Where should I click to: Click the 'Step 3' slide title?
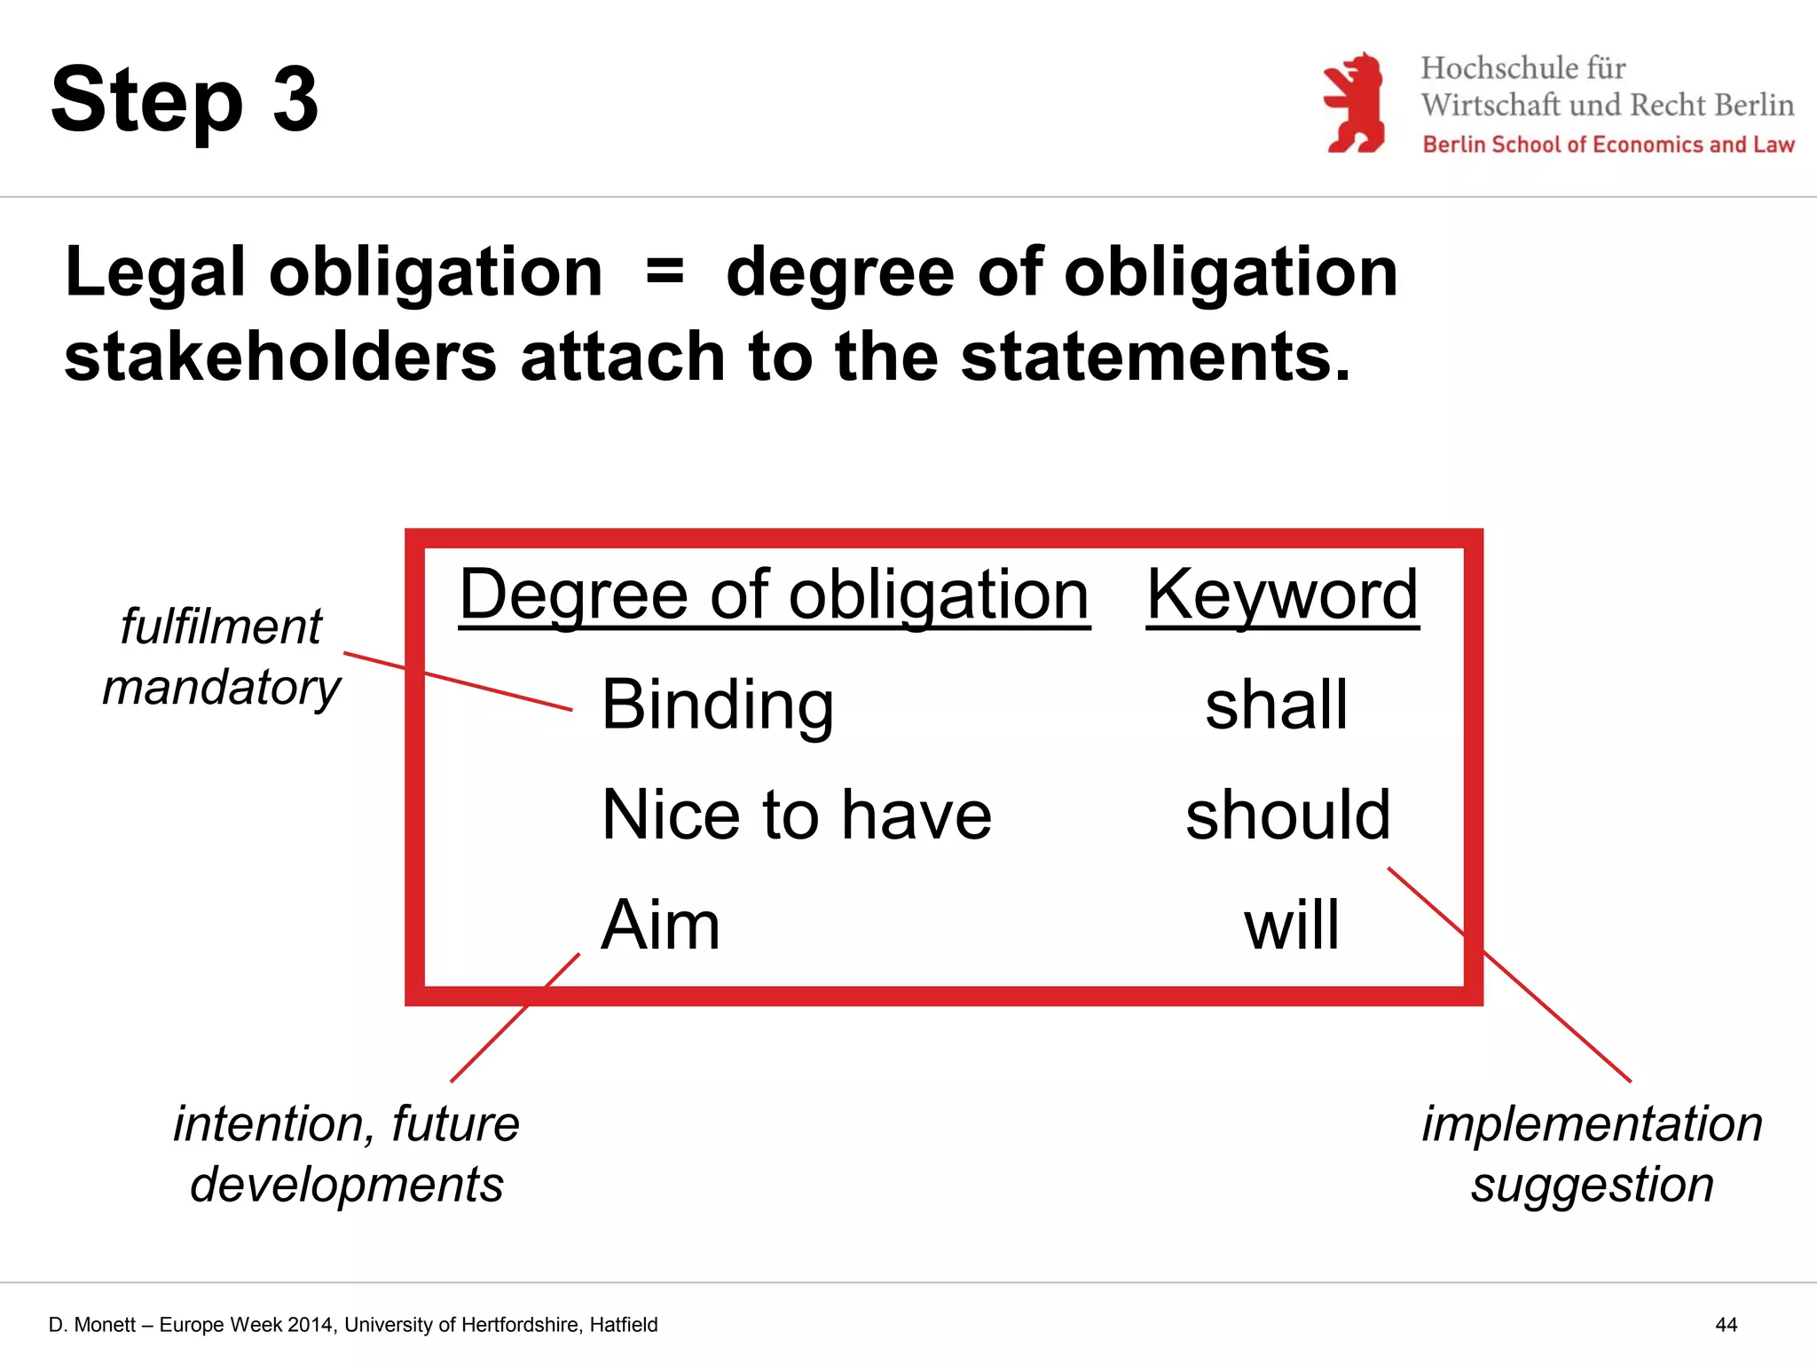click(185, 100)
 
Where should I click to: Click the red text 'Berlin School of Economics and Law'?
click(1608, 145)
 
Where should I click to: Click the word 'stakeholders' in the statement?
click(279, 357)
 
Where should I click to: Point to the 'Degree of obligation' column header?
click(774, 595)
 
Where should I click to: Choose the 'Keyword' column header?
click(1282, 595)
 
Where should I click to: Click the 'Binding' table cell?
click(717, 705)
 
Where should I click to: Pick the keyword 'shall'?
click(1276, 705)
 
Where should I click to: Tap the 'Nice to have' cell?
click(796, 815)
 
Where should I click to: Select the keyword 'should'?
click(1287, 815)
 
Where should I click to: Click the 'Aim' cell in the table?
click(660, 925)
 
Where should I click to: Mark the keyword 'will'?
click(1291, 925)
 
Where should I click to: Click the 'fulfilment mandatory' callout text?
click(221, 657)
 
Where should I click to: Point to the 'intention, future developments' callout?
click(346, 1154)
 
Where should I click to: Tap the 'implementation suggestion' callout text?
click(1592, 1154)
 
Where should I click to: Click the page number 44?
click(1726, 1325)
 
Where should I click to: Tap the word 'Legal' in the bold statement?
click(154, 272)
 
